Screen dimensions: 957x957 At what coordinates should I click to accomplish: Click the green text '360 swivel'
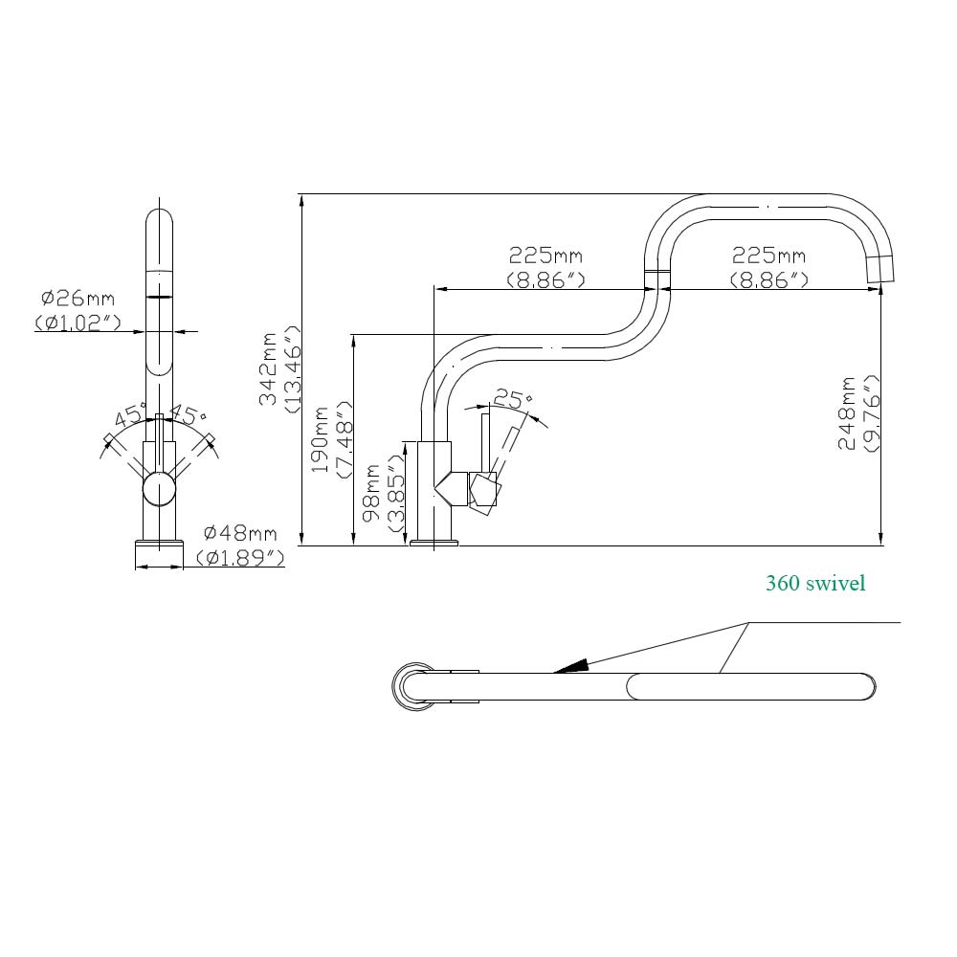[815, 583]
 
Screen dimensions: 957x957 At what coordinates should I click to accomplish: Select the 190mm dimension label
[322, 439]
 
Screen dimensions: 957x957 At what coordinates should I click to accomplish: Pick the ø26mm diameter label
[78, 299]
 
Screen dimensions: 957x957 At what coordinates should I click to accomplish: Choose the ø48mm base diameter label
[240, 534]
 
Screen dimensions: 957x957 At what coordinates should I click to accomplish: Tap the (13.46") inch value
[293, 368]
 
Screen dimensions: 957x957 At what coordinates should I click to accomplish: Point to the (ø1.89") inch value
[240, 557]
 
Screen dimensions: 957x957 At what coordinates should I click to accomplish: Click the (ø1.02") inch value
[78, 323]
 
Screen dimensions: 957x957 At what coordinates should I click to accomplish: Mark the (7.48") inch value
[345, 439]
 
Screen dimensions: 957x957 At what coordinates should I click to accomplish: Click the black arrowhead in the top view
[570, 666]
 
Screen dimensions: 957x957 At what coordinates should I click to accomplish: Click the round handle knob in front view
[159, 491]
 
